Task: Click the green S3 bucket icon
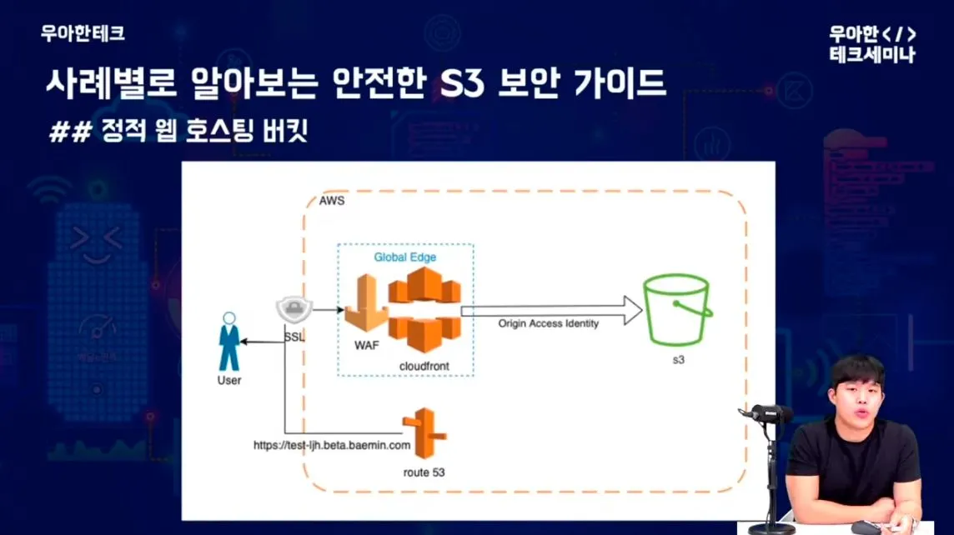(x=676, y=309)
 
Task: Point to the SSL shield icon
(x=294, y=311)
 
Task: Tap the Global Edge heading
(x=404, y=257)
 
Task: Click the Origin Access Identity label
(x=549, y=323)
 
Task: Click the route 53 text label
(x=423, y=472)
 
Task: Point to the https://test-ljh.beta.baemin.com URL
(x=332, y=446)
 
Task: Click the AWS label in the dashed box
(x=331, y=201)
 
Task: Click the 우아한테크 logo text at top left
(x=83, y=34)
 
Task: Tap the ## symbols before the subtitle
(x=69, y=132)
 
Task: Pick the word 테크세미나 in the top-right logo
(x=872, y=55)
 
